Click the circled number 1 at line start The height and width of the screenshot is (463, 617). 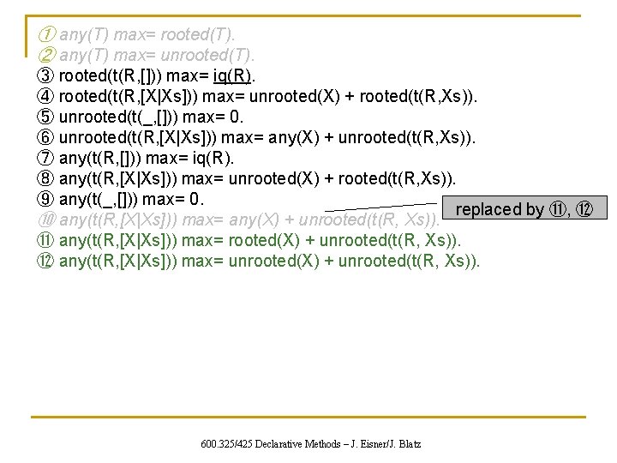click(46, 35)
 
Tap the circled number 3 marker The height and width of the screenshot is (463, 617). click(46, 77)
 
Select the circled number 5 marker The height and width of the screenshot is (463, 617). click(46, 117)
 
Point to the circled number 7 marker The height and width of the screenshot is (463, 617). click(46, 159)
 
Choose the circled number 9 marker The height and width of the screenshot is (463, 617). click(46, 200)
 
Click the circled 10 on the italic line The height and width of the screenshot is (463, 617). click(46, 220)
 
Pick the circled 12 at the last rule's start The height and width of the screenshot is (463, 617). click(46, 261)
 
